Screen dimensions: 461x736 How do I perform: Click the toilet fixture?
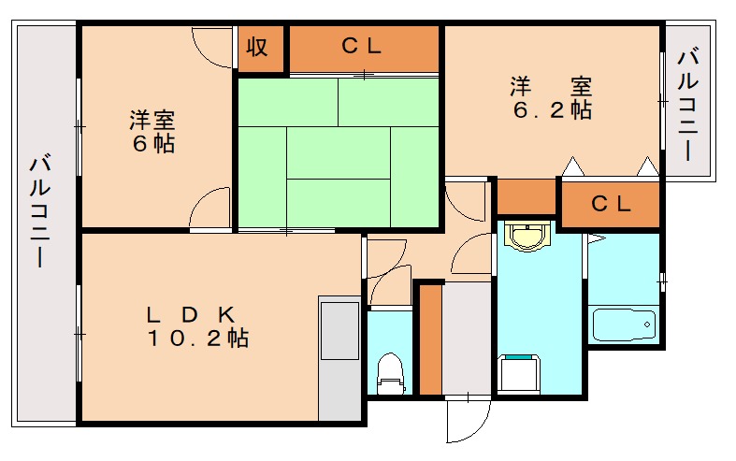coord(388,371)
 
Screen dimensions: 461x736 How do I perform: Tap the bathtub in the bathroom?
coord(625,324)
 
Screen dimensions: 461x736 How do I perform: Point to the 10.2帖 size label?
coord(196,339)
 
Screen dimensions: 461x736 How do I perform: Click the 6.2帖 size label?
coord(551,109)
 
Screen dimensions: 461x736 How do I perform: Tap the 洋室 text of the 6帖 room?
coord(152,121)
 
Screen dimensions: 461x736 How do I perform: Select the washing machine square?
coord(518,374)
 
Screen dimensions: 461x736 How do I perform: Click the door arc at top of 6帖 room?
coord(212,47)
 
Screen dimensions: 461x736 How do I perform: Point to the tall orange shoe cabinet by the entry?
coord(429,339)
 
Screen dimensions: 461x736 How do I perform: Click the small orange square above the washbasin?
coord(525,196)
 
